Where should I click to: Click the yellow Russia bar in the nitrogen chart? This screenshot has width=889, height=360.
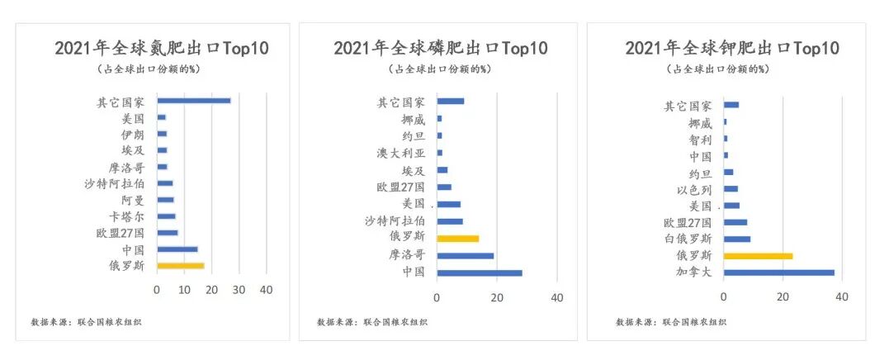pyautogui.click(x=180, y=266)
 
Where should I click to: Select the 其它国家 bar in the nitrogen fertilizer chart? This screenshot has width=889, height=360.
pyautogui.click(x=193, y=101)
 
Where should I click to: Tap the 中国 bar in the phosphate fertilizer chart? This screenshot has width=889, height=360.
pyautogui.click(x=479, y=272)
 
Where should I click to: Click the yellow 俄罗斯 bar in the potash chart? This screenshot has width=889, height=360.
pyautogui.click(x=758, y=256)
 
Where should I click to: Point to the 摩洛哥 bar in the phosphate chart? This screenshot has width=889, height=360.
pyautogui.click(x=465, y=255)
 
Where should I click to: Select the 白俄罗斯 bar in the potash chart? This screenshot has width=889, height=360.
pyautogui.click(x=736, y=239)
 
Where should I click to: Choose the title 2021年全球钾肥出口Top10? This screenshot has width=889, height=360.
pyautogui.click(x=732, y=48)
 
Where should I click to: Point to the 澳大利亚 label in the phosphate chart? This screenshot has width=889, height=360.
pyautogui.click(x=402, y=154)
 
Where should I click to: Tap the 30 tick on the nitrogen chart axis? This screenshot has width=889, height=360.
pyautogui.click(x=239, y=290)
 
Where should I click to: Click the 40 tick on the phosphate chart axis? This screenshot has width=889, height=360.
pyautogui.click(x=556, y=297)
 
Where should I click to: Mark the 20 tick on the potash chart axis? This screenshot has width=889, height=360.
pyautogui.click(x=783, y=297)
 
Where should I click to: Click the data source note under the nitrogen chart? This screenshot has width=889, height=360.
pyautogui.click(x=86, y=322)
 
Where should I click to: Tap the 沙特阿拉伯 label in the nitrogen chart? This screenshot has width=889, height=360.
pyautogui.click(x=116, y=183)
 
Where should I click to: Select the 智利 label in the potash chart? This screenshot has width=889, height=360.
pyautogui.click(x=700, y=140)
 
